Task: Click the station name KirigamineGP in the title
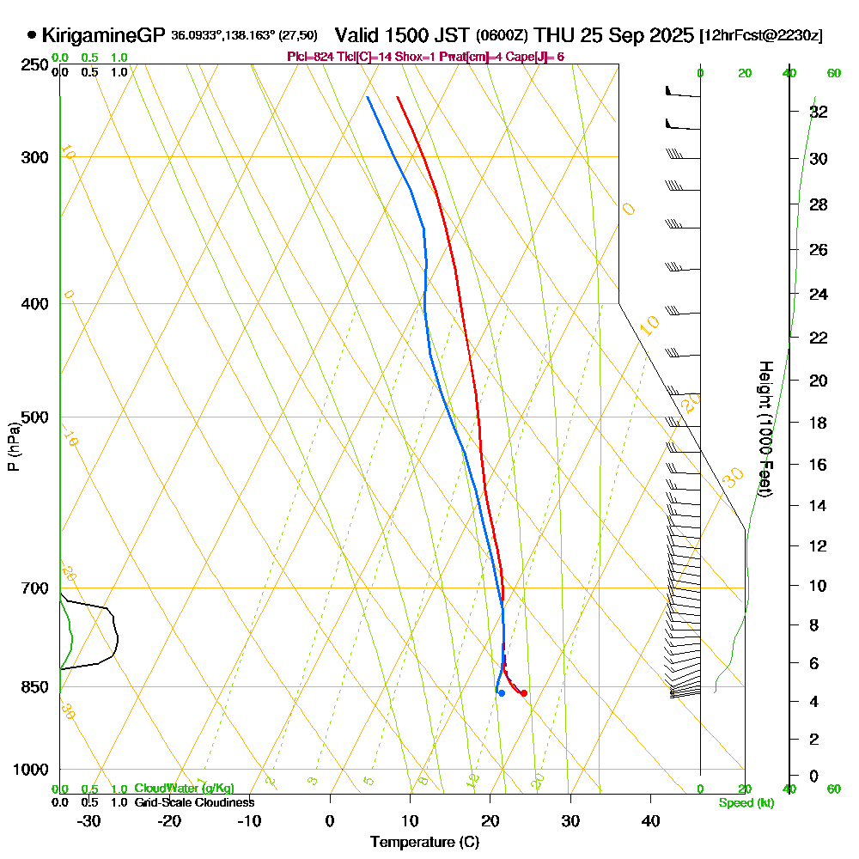pos(103,35)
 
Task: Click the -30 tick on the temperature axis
pos(89,820)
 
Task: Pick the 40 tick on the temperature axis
pos(650,820)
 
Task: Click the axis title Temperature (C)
pos(424,843)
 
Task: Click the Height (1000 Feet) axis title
pos(765,429)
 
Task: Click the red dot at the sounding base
pos(524,693)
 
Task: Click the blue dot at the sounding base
pos(502,693)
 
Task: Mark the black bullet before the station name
pos(32,35)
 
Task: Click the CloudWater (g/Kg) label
pos(184,789)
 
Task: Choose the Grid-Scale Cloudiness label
pos(194,802)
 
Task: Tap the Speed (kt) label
pos(746,802)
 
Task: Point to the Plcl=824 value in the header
pos(312,57)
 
